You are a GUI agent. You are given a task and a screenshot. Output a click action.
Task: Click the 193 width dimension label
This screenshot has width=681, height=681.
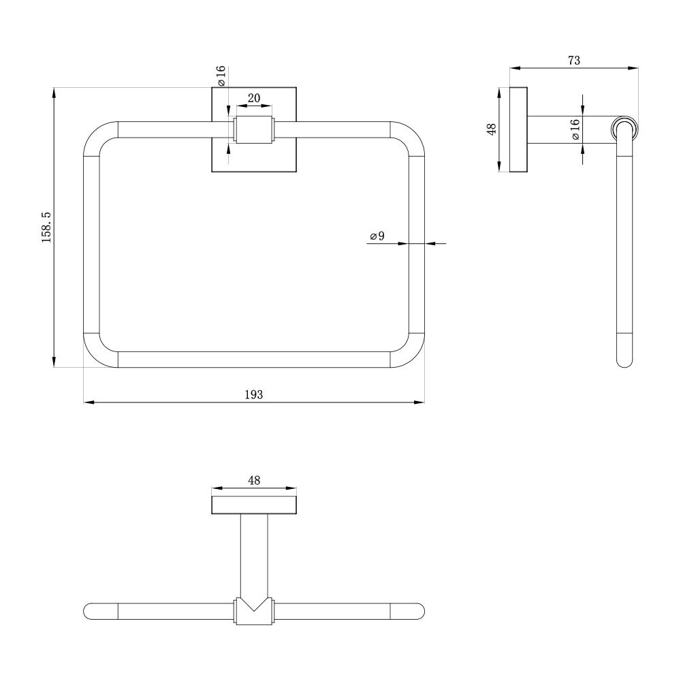coord(253,394)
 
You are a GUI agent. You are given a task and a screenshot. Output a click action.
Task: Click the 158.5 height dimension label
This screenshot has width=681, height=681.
coord(46,227)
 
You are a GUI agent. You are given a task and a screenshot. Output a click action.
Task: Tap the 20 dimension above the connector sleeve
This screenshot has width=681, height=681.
coord(253,98)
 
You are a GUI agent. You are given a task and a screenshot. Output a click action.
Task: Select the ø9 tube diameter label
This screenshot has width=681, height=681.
coord(377,236)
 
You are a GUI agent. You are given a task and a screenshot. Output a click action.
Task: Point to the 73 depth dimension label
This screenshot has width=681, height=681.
coord(573,60)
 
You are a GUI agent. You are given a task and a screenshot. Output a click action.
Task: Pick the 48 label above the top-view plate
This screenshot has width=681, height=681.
coord(254,480)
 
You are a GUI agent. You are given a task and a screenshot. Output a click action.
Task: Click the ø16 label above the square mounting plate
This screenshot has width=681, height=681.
coord(221,76)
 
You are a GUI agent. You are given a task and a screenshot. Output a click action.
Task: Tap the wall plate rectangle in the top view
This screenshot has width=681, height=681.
coord(254,505)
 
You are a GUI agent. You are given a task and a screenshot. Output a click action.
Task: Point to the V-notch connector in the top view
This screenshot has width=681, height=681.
coord(254,610)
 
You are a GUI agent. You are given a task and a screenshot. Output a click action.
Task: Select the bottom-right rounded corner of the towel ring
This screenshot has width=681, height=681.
coord(411,355)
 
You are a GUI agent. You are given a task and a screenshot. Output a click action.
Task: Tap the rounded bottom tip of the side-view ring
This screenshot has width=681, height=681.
coord(624,362)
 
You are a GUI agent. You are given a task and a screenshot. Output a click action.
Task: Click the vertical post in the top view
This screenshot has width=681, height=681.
coord(254,555)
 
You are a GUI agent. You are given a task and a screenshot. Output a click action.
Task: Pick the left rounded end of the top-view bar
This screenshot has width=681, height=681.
coord(92,611)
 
